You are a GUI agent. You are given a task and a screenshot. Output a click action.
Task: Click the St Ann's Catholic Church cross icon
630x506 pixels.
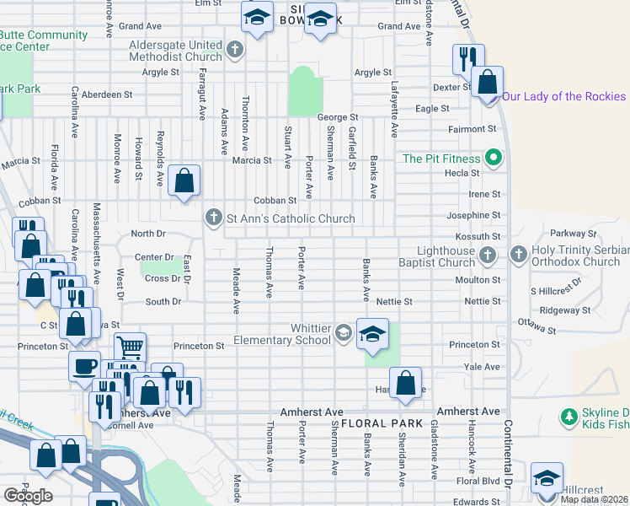(214, 218)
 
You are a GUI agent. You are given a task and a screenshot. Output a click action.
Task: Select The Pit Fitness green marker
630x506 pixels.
(494, 159)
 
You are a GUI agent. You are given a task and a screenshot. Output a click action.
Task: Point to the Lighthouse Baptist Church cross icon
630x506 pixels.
(487, 256)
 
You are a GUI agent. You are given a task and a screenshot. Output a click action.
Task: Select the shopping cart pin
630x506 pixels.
(130, 347)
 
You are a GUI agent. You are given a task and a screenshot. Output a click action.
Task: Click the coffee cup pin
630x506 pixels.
(84, 366)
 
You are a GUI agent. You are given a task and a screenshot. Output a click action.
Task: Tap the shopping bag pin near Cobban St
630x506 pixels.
(184, 180)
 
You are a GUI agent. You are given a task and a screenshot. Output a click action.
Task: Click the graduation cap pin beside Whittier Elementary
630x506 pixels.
(372, 334)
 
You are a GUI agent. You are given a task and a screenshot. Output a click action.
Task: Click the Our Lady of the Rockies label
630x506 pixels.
(565, 96)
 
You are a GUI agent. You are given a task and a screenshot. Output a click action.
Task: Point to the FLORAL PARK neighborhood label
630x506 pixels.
(376, 423)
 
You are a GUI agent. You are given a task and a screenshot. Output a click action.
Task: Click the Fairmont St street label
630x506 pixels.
(472, 129)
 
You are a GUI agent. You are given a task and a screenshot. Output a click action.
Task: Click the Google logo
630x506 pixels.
(28, 496)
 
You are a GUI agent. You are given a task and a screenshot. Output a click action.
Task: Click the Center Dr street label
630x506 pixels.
(154, 257)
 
